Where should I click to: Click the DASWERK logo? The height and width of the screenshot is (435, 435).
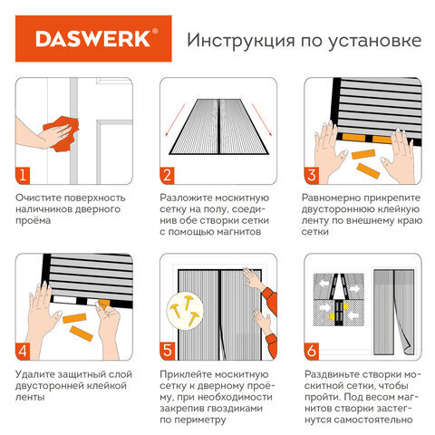[x=93, y=39]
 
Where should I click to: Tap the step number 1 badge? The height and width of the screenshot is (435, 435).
[x=23, y=175]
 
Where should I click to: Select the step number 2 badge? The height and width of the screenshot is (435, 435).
[x=167, y=175]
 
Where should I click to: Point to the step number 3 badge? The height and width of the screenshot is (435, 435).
[x=312, y=175]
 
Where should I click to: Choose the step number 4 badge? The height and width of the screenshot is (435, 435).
[x=23, y=352]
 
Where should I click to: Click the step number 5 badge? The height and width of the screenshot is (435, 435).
[x=167, y=352]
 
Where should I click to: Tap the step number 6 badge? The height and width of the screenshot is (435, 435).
[x=312, y=352]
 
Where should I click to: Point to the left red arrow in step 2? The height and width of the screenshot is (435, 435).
[x=175, y=120]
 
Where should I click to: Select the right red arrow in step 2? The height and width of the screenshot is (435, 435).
[x=262, y=120]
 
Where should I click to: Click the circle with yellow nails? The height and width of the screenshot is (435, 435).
[x=185, y=310]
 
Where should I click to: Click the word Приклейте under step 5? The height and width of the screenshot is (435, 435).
[x=185, y=374]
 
